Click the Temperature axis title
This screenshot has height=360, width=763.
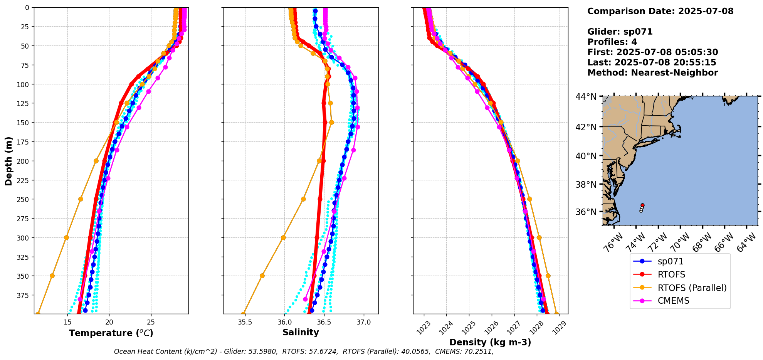pyautogui.click(x=111, y=333)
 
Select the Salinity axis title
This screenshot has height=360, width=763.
pyautogui.click(x=301, y=333)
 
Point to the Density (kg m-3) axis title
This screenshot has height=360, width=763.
pyautogui.click(x=490, y=342)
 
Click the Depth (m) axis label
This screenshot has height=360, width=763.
pyautogui.click(x=8, y=161)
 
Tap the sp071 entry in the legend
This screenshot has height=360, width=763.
pyautogui.click(x=671, y=261)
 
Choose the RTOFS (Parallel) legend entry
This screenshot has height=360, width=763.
pyautogui.click(x=692, y=288)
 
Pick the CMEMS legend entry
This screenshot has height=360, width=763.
pyautogui.click(x=673, y=301)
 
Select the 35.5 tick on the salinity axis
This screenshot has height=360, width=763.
pyautogui.click(x=245, y=322)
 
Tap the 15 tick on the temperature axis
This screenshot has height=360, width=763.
pyautogui.click(x=68, y=322)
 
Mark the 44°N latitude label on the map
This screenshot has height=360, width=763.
pyautogui.click(x=586, y=96)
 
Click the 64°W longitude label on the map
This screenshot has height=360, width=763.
pyautogui.click(x=746, y=243)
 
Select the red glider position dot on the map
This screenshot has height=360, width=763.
pyautogui.click(x=642, y=205)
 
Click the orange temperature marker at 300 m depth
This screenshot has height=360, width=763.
pyautogui.click(x=66, y=237)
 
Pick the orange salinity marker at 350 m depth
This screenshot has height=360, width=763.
pyautogui.click(x=262, y=276)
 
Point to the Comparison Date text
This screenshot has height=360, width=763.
pyautogui.click(x=660, y=11)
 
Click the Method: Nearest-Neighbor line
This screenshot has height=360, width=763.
pyautogui.click(x=652, y=73)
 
